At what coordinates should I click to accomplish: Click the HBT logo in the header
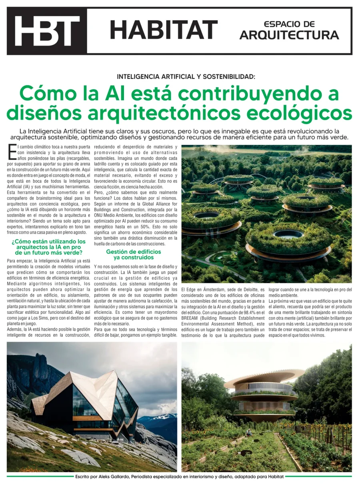(47, 31)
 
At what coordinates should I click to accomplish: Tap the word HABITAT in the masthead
(164, 30)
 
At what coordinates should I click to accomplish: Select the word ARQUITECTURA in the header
(289, 35)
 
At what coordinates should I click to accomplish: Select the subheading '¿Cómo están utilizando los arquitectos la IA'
(48, 247)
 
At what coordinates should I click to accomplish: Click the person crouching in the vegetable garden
(249, 432)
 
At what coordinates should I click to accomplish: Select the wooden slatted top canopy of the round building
(265, 377)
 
